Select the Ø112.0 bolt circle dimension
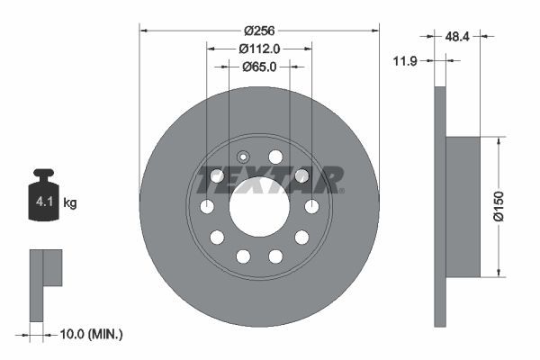259,49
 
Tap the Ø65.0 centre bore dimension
259,67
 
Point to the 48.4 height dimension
457,37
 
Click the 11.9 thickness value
408,60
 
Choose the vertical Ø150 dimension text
511,207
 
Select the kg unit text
69,203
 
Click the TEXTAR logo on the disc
270,179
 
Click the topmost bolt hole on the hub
275,157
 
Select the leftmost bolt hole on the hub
207,207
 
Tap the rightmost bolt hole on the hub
311,207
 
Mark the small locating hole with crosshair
243,155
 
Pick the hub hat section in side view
464,207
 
